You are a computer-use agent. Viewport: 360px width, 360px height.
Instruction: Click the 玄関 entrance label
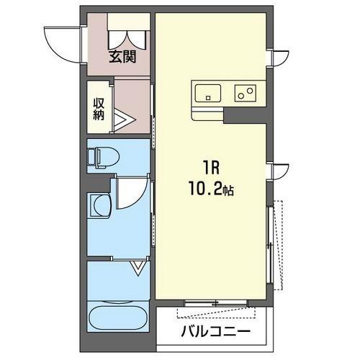pyautogui.click(x=122, y=57)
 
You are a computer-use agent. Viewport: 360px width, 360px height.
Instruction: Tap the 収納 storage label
pyautogui.click(x=99, y=109)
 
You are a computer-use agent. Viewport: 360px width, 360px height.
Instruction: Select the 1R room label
pyautogui.click(x=212, y=168)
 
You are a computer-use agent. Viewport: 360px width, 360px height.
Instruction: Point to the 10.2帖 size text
pyautogui.click(x=211, y=189)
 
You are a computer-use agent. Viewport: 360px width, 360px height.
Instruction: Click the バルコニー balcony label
pyautogui.click(x=215, y=332)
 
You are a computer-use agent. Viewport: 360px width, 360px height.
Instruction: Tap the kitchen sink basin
pyautogui.click(x=208, y=93)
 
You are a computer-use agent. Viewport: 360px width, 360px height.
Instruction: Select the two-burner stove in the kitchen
pyautogui.click(x=246, y=93)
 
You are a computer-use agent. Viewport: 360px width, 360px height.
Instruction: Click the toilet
pyautogui.click(x=104, y=156)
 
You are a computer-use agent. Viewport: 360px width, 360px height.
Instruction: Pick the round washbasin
pyautogui.click(x=101, y=206)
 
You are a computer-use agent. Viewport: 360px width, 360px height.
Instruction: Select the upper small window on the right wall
pyautogui.click(x=279, y=58)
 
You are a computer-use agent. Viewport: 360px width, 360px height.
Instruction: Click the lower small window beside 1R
pyautogui.click(x=279, y=171)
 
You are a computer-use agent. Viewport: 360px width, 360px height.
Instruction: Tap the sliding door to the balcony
pyautogui.click(x=216, y=303)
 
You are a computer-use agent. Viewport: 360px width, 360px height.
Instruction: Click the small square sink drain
pyautogui.click(x=208, y=98)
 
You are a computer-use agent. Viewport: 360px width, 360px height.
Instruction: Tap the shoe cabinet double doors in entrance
pyautogui.click(x=127, y=40)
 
